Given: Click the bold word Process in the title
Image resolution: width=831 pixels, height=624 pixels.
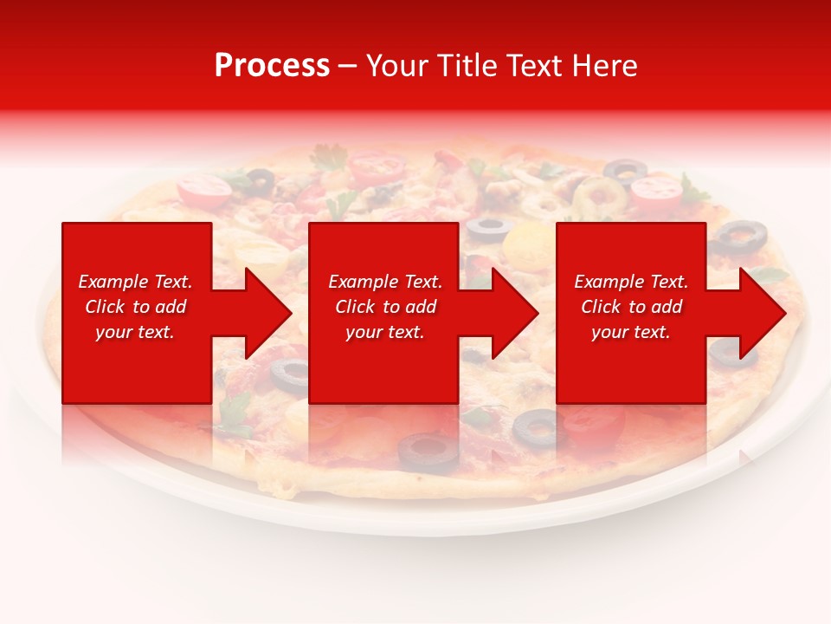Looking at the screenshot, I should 272,66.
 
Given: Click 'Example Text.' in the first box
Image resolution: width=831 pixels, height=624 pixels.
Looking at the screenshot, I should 135,282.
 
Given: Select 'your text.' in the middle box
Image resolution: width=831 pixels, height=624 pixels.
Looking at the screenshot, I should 384,332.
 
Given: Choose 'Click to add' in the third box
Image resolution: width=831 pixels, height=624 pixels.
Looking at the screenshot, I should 631,307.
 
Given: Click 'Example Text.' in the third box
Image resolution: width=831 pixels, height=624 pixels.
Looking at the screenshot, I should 631,282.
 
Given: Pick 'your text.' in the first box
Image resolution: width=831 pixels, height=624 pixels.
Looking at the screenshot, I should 135,332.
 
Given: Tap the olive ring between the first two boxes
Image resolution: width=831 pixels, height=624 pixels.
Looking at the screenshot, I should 289,374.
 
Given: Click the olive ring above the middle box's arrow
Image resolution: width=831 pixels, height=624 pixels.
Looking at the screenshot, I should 489,228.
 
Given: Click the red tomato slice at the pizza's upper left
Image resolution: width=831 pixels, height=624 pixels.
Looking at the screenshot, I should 204,187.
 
